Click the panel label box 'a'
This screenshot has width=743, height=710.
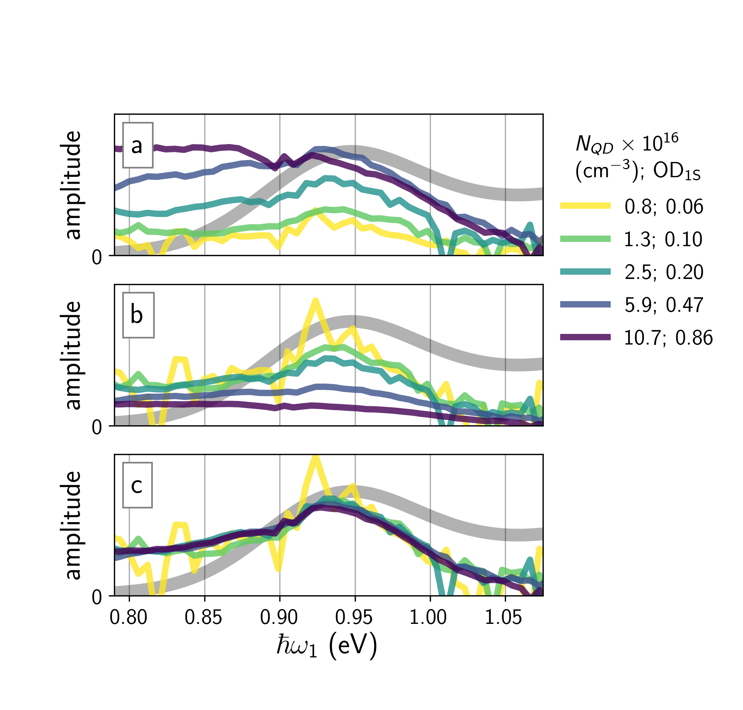pyautogui.click(x=138, y=145)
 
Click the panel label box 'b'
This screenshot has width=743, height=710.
pyautogui.click(x=138, y=315)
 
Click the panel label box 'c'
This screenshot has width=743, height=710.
pyautogui.click(x=137, y=485)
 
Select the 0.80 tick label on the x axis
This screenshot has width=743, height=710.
pyautogui.click(x=128, y=617)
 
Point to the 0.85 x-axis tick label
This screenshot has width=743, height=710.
pyautogui.click(x=203, y=617)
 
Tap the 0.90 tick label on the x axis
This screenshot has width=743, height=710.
pyautogui.click(x=279, y=617)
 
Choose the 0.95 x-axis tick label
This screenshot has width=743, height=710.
pyautogui.click(x=354, y=617)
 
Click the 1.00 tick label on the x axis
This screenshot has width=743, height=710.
pyautogui.click(x=428, y=617)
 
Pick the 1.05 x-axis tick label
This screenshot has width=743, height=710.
pyautogui.click(x=503, y=617)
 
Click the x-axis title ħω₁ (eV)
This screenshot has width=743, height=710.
pyautogui.click(x=327, y=646)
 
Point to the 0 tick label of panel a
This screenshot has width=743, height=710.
pyautogui.click(x=97, y=258)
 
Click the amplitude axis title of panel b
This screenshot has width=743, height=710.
pyautogui.click(x=73, y=355)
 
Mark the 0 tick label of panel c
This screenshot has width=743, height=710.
pyautogui.click(x=97, y=597)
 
